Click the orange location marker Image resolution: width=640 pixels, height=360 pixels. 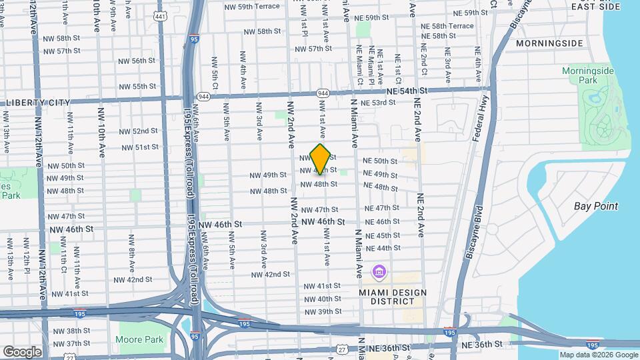[x=321, y=159]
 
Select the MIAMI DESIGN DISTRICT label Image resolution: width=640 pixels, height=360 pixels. [x=387, y=296]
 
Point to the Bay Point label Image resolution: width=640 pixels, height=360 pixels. [x=595, y=206]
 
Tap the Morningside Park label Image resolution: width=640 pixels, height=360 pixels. [x=587, y=75]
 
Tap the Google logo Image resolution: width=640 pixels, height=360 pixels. [x=22, y=351]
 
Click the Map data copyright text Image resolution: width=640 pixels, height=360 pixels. [x=598, y=355]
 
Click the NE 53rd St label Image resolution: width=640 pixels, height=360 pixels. [x=378, y=103]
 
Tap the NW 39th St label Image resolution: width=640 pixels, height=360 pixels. [x=323, y=312]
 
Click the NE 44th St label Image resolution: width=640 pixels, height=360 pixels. [x=383, y=248]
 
